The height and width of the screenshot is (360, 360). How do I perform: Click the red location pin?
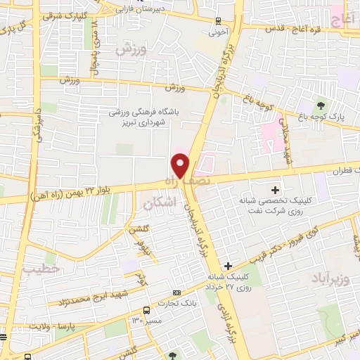181,165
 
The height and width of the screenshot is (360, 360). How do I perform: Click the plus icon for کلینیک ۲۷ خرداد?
226,266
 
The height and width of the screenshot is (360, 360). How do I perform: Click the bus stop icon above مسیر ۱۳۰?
146,309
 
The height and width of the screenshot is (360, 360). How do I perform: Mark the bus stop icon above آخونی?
218,20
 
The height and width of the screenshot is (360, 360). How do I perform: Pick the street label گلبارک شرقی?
82,14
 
